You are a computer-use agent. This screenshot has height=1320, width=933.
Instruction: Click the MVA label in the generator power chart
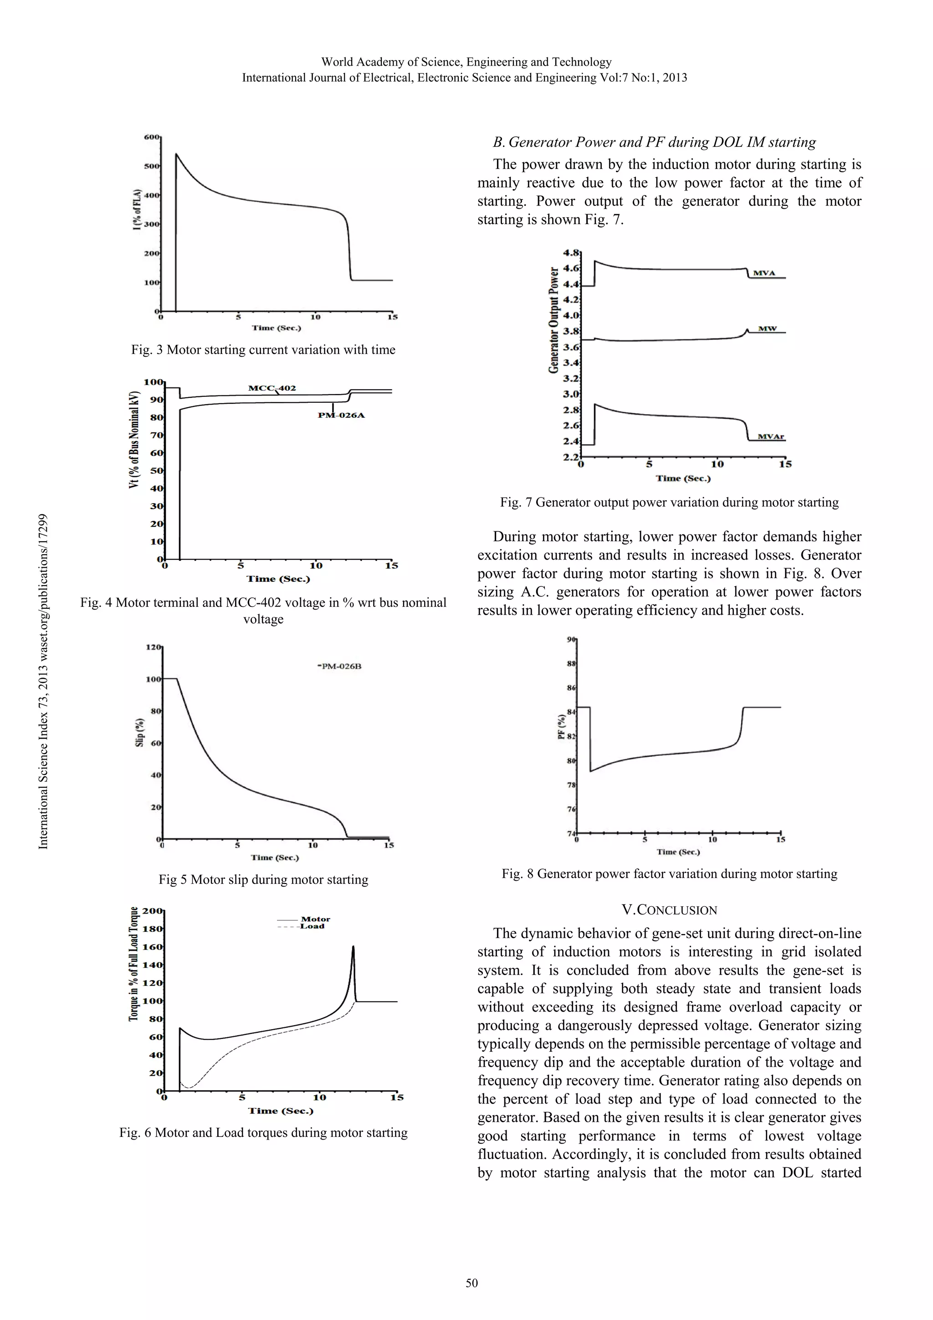point(764,273)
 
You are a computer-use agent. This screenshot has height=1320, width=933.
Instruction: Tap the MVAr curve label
point(770,437)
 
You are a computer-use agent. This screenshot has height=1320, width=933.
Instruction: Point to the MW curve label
point(768,329)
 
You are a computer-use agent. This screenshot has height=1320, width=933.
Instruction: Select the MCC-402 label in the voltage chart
point(272,388)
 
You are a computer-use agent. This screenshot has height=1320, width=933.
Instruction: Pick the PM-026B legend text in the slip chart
point(340,666)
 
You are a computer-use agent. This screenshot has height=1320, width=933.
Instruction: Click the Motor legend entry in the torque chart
point(315,919)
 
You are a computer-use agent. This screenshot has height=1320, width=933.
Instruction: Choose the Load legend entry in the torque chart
point(312,926)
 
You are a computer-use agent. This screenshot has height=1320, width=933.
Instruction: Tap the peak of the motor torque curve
point(353,947)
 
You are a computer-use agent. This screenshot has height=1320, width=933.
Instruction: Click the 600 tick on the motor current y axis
point(151,137)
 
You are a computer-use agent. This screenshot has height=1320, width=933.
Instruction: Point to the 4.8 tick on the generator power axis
point(571,252)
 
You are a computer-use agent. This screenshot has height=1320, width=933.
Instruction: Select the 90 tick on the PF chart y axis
point(571,639)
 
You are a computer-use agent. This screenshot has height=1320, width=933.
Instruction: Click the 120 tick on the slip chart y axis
point(154,647)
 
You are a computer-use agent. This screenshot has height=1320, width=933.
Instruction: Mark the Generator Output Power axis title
point(554,320)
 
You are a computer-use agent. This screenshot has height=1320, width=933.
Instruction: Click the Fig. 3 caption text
point(263,349)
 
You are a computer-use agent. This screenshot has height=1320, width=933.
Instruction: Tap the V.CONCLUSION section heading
point(669,910)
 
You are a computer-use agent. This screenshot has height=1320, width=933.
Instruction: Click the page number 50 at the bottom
point(472,1283)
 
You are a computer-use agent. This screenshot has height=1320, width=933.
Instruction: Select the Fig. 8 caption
point(669,874)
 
